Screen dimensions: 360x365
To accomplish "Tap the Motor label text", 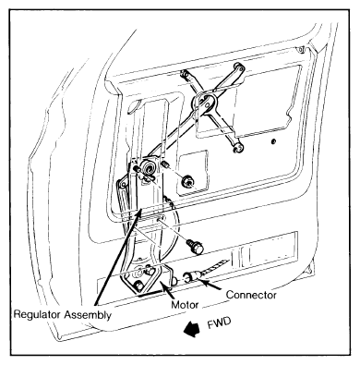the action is [185, 305].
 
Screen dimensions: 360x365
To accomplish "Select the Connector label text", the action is [251, 295].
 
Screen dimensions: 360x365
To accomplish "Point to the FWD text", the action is [219, 324].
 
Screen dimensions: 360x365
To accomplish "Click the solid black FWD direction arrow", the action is [191, 329].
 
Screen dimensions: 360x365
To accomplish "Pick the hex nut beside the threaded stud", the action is [186, 182].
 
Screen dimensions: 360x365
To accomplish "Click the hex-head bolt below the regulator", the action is [196, 247].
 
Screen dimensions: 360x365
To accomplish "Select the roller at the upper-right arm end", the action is [239, 67].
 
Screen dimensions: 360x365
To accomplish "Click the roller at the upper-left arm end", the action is [184, 74].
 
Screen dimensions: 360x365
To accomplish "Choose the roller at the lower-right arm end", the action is [237, 149].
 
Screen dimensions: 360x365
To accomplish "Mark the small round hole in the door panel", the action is [273, 141].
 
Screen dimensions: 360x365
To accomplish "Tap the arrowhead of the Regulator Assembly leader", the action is [139, 213].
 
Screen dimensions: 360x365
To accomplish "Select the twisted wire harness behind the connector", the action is [213, 266].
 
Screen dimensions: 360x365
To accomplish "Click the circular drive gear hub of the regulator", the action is [150, 169].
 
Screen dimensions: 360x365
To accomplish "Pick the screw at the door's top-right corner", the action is [301, 49].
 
